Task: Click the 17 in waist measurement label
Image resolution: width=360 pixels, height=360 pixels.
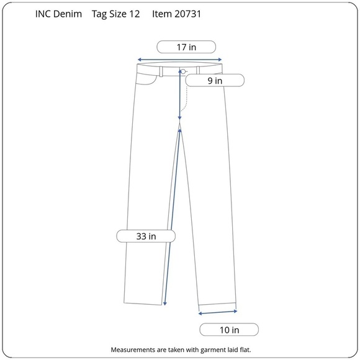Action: [186, 47]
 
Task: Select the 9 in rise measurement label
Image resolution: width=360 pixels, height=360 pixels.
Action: [215, 81]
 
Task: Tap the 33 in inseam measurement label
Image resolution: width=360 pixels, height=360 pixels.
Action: [146, 236]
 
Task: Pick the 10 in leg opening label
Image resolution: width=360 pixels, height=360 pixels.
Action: [229, 330]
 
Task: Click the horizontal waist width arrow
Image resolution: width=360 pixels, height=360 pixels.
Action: [179, 60]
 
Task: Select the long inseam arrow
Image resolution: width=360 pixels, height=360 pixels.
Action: [172, 217]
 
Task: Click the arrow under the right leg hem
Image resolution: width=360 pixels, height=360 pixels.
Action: [218, 312]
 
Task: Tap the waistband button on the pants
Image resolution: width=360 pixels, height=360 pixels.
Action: [183, 71]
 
